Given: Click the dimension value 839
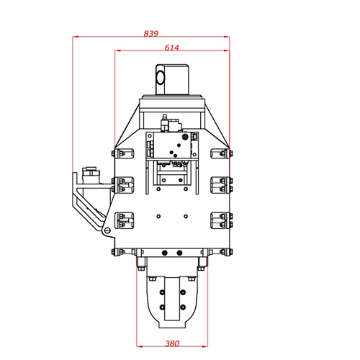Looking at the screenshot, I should tap(150, 33).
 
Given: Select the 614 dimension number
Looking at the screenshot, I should tap(171, 48).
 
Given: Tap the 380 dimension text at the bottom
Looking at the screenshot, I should tap(171, 343).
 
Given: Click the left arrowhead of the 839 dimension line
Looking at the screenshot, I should tap(76, 38).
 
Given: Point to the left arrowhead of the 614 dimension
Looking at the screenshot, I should tap(117, 52).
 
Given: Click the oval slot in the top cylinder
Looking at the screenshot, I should tap(161, 76).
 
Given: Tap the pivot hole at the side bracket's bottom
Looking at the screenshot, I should tap(107, 230).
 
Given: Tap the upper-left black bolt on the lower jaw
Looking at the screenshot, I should tap(162, 292).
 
